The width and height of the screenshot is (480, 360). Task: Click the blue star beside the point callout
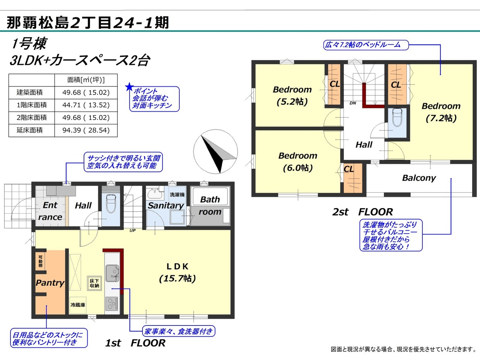(129, 87)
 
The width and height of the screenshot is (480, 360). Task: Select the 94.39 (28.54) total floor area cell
(86, 130)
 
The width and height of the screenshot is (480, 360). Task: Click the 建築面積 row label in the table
(30, 93)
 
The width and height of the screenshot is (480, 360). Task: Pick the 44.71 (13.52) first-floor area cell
(86, 105)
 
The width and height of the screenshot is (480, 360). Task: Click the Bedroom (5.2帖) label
(292, 96)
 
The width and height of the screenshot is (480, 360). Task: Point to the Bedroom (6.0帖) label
(298, 162)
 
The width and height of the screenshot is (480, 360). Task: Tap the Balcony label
(419, 178)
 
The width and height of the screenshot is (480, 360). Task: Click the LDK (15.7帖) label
(177, 272)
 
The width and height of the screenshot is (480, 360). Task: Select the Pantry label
(50, 283)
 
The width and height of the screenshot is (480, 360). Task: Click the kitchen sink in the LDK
(112, 273)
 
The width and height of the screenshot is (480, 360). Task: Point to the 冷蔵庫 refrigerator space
(78, 305)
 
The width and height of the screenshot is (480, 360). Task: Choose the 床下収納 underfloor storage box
(94, 283)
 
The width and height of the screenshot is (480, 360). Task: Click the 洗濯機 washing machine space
(177, 195)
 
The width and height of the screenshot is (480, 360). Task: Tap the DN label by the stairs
(353, 103)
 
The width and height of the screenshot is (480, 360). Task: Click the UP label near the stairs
(132, 230)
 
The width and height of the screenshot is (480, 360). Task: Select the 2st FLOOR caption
(362, 212)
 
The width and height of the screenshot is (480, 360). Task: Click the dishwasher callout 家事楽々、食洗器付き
(178, 331)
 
